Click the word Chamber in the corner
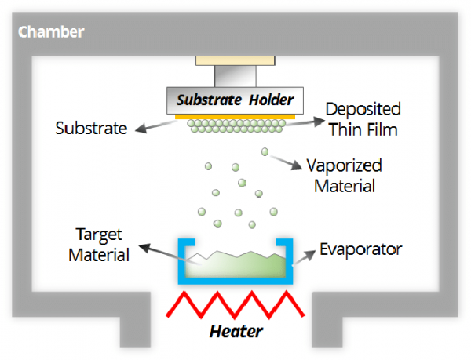[x=50, y=33]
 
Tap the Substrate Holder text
[x=235, y=100]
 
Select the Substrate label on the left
[x=91, y=128]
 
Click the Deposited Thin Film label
[x=362, y=118]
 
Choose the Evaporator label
[x=361, y=249]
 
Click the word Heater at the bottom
[x=235, y=331]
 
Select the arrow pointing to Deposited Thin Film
[x=306, y=122]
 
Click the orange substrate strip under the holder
[x=235, y=116]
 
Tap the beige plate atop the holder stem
[x=235, y=60]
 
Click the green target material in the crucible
[x=235, y=264]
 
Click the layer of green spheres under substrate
[x=235, y=126]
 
